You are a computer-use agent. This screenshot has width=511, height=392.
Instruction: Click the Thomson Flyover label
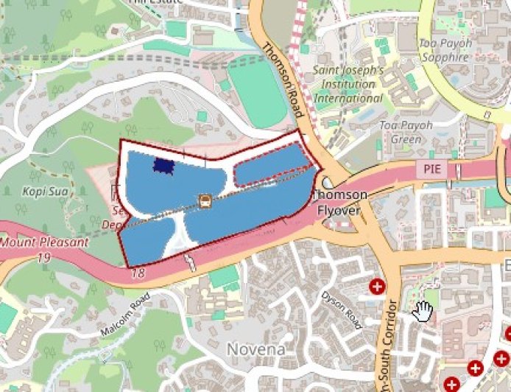[340, 201]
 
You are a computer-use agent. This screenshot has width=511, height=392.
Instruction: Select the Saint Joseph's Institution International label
[348, 84]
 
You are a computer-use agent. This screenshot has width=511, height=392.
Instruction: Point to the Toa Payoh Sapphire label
[444, 50]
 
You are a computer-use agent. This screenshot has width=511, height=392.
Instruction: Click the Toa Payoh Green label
[401, 132]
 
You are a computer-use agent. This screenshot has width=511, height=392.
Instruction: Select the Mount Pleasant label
[44, 242]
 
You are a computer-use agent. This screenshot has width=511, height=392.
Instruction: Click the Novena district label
[255, 349]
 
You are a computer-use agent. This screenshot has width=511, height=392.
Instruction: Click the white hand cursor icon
[423, 311]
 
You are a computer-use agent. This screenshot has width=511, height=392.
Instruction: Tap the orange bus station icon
[205, 200]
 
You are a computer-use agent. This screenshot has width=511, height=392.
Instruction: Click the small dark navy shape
[162, 167]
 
